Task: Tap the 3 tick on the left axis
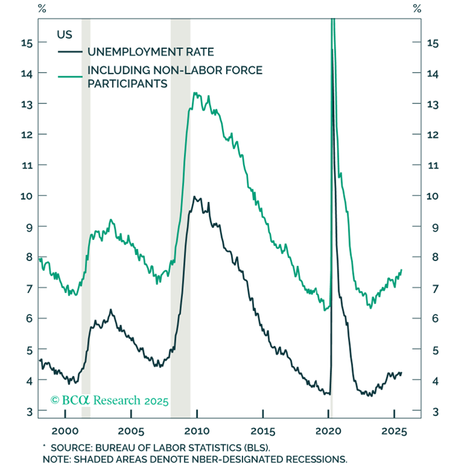pos(29,411)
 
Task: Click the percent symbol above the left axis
pos(42,8)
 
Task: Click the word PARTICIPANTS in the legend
pos(127,83)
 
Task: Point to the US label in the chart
pos(65,34)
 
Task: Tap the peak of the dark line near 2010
pos(194,196)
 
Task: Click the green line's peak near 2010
pos(194,93)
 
